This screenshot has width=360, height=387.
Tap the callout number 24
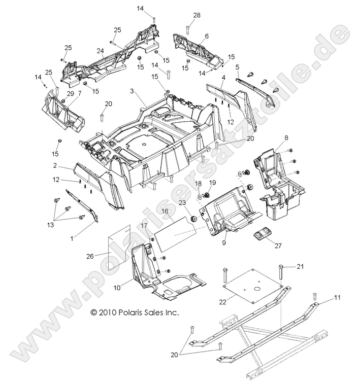tap(101, 51)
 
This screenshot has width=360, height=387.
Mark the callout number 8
tap(286, 137)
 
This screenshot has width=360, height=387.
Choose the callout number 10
tap(117, 288)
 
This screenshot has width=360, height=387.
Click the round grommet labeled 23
tap(193, 219)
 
